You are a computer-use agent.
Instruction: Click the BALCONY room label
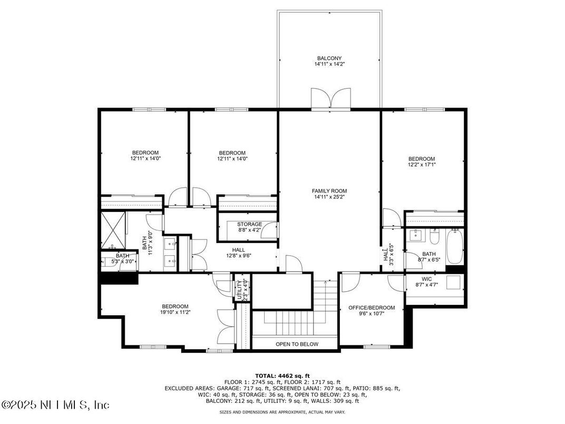point(329,58)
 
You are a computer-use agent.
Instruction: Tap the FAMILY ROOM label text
point(329,191)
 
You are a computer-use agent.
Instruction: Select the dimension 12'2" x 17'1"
point(422,165)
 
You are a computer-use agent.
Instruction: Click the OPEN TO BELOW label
point(297,344)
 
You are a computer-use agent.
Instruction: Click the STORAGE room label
point(249,224)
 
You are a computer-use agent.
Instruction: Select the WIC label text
point(426,279)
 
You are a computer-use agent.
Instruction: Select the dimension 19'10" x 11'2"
point(175,312)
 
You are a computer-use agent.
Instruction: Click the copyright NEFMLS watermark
point(55,404)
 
